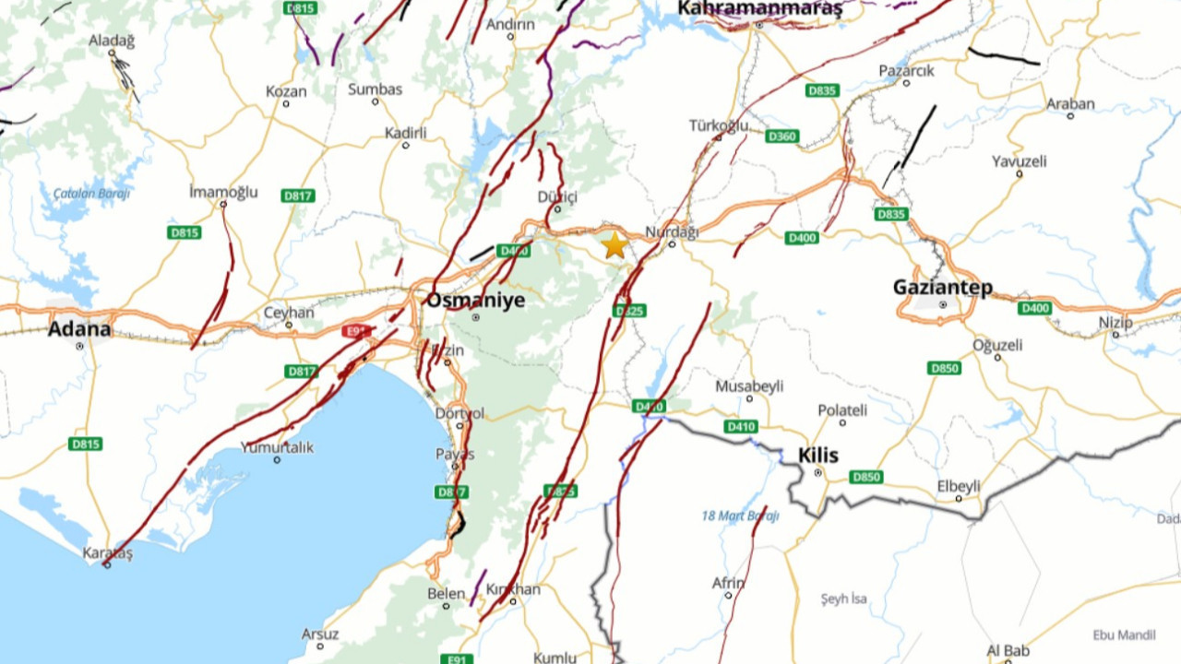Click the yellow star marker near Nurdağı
click(614, 245)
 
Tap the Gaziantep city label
click(942, 287)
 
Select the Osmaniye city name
click(475, 300)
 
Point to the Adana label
click(79, 329)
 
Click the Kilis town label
click(817, 456)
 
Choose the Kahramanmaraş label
click(759, 9)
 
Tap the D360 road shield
click(781, 136)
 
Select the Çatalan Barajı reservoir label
click(91, 194)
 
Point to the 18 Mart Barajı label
click(740, 516)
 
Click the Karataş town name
click(108, 552)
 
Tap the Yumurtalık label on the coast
click(277, 447)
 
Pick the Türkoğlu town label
click(719, 125)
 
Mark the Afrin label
click(728, 583)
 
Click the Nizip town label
click(1115, 322)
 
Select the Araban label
click(1070, 104)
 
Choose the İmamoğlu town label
click(223, 192)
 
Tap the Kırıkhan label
click(513, 589)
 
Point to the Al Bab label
click(1008, 651)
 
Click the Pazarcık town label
click(906, 70)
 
